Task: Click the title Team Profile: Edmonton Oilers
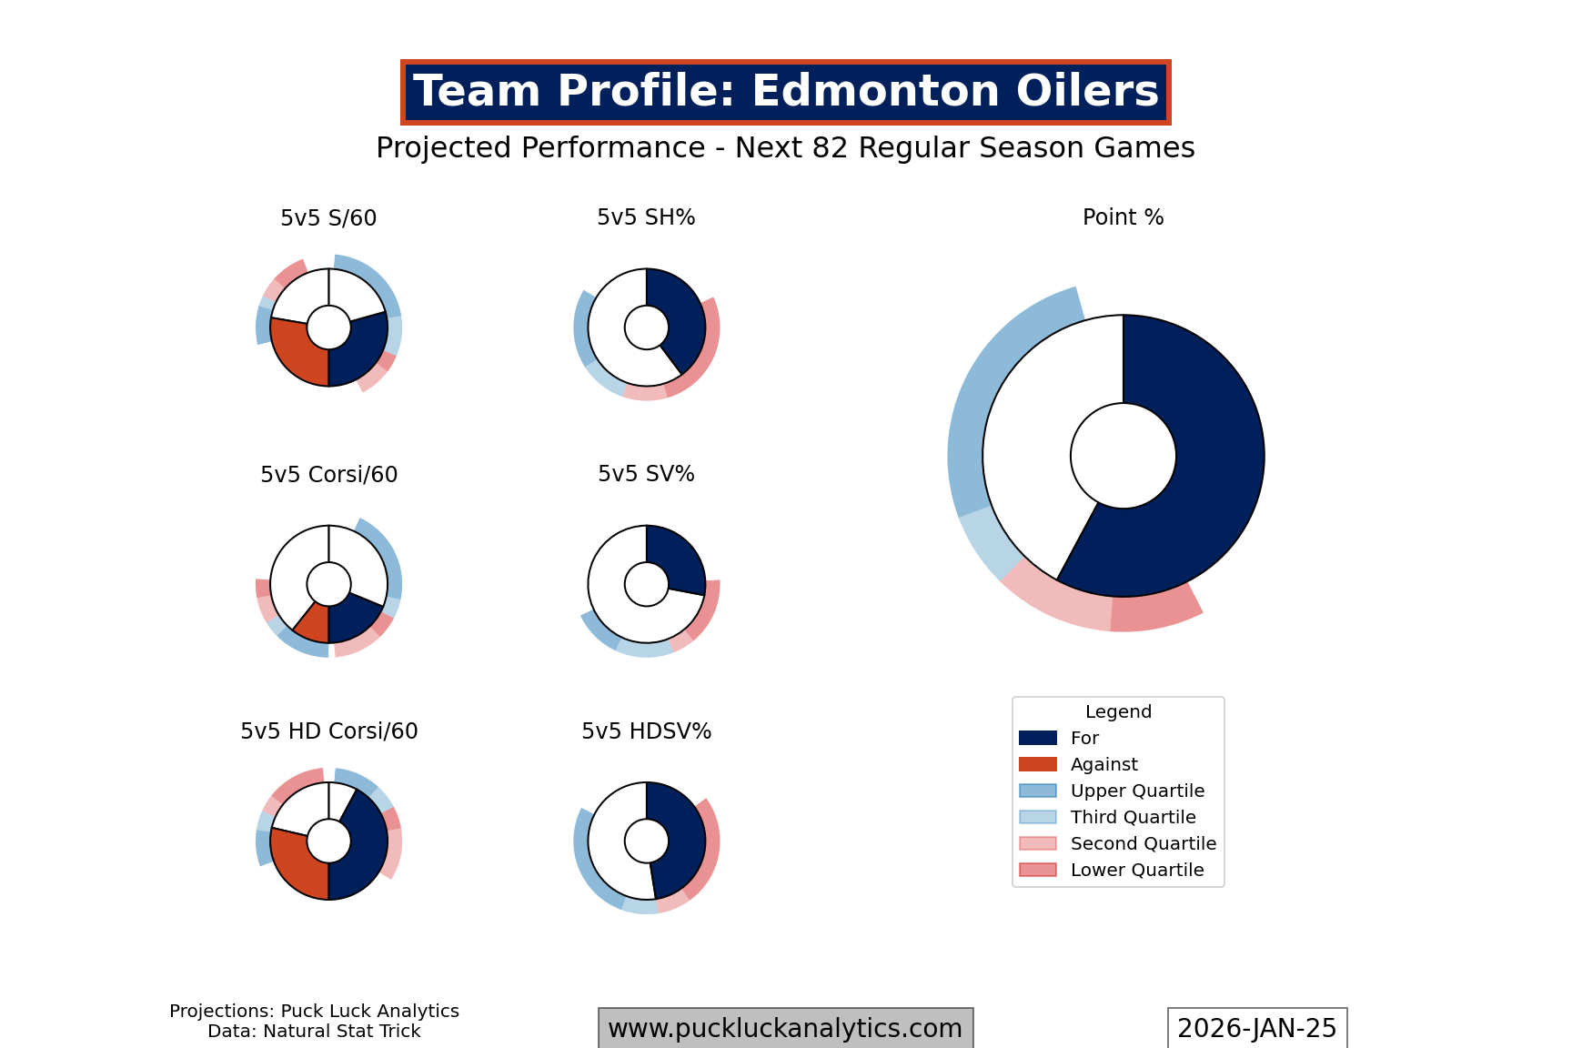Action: [x=785, y=92]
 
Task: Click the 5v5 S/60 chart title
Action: [x=328, y=218]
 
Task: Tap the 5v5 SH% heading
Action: [x=646, y=217]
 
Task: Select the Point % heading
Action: [x=1123, y=217]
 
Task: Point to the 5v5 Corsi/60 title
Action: [x=328, y=475]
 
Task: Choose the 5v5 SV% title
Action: [x=646, y=474]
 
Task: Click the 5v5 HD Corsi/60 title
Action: [x=328, y=731]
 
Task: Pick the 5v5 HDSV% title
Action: [x=646, y=731]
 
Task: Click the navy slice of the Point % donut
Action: [x=1201, y=473]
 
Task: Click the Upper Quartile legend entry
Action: [x=1137, y=791]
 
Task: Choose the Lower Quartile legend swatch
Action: [x=1038, y=871]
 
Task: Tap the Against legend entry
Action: [x=1103, y=765]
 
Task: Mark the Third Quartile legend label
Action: [x=1133, y=818]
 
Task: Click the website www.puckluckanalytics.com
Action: [x=785, y=1029]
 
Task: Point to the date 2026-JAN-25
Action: [x=1256, y=1029]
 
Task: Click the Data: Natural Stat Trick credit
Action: [x=314, y=1032]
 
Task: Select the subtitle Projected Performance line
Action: [x=785, y=148]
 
